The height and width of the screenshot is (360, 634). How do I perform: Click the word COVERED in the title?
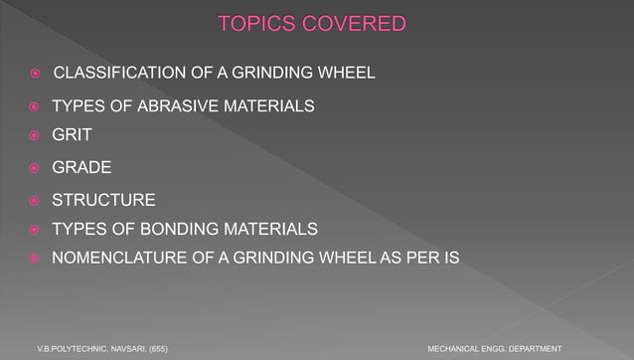click(353, 23)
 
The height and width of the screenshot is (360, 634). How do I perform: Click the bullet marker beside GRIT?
click(33, 135)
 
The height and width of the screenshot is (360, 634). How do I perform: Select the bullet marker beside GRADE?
click(33, 168)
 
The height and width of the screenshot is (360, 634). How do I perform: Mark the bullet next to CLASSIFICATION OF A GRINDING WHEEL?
click(33, 74)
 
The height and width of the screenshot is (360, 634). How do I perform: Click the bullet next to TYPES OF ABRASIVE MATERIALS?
click(33, 106)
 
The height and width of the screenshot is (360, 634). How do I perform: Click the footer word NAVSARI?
click(126, 348)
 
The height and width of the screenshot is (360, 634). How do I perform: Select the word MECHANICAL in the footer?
click(453, 348)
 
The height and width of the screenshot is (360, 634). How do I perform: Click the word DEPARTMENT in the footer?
click(534, 348)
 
